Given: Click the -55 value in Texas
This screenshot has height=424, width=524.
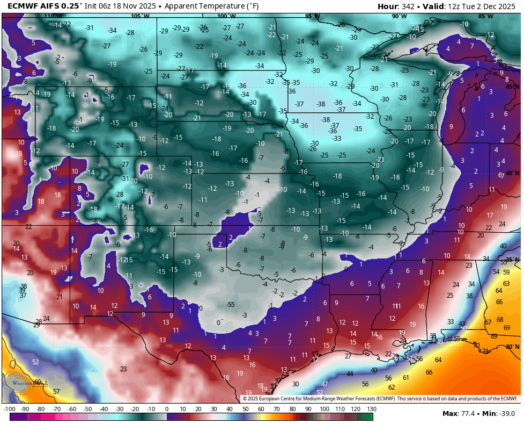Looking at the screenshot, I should point(231,305).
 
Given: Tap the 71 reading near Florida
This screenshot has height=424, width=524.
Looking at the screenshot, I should point(485,351).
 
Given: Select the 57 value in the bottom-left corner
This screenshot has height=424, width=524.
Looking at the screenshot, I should point(56,392).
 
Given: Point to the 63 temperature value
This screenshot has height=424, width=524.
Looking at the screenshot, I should point(506,283).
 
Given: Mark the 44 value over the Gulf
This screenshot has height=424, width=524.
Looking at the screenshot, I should point(350,373).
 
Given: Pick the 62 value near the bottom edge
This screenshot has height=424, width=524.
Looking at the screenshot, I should point(392,387).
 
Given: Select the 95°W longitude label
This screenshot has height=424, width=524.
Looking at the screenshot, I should point(312,16).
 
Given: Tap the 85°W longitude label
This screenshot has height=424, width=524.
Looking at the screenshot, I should point(486,16).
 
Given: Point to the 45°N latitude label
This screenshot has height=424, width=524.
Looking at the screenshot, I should point(513,87).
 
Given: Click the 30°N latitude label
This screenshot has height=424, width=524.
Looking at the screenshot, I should point(513,347).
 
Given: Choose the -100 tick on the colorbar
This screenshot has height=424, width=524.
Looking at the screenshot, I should point(9,409).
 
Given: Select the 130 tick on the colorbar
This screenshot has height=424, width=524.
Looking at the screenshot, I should point(370,409).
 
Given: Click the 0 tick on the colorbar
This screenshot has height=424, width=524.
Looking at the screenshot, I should point(167,409).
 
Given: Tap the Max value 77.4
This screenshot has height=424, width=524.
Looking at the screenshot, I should point(468,413).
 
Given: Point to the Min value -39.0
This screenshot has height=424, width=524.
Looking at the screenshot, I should point(505,413).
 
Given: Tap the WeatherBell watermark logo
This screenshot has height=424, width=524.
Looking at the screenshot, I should point(27,383).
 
